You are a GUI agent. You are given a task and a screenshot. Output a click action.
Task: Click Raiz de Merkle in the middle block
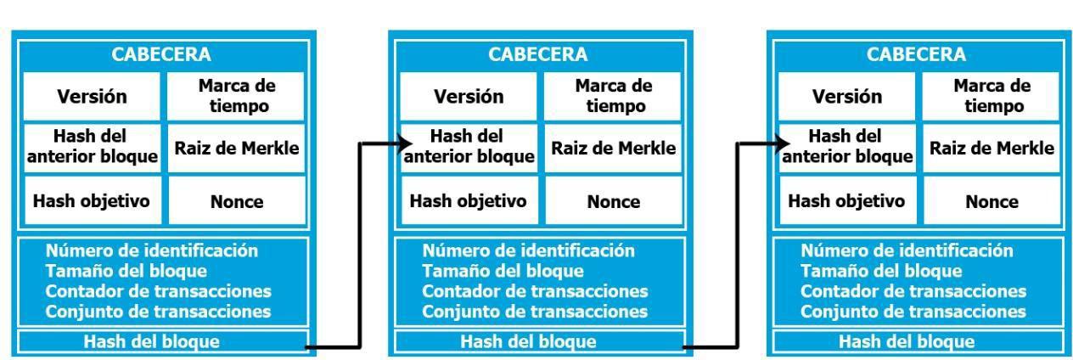click(x=614, y=149)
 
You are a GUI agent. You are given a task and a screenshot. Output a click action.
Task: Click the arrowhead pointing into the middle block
click(x=399, y=143)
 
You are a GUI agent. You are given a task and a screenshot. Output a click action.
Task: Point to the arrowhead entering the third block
click(x=777, y=143)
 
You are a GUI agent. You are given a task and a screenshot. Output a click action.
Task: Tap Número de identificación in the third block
click(x=907, y=250)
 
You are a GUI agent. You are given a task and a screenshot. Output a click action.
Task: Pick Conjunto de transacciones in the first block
click(x=158, y=311)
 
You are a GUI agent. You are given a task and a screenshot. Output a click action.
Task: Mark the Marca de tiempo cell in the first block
click(x=236, y=96)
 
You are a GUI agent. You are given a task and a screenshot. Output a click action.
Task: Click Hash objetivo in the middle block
click(x=468, y=201)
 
